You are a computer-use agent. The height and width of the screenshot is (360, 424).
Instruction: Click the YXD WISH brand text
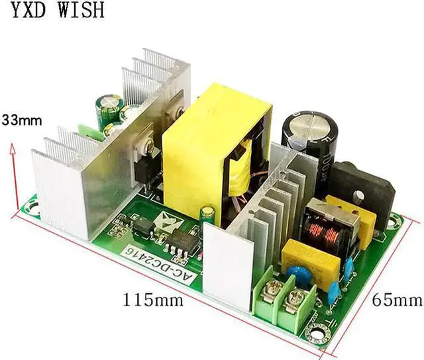[53, 11]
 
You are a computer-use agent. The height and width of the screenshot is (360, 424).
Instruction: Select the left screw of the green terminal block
[270, 286]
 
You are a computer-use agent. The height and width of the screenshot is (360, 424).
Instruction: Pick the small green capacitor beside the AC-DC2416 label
[208, 214]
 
